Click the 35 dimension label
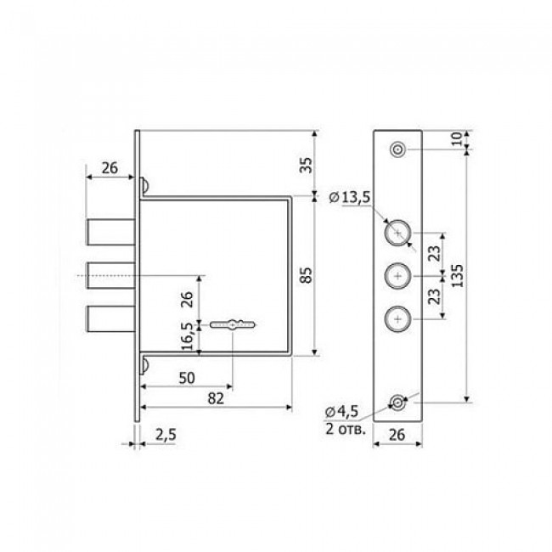pyautogui.click(x=307, y=165)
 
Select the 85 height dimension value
pyautogui.click(x=307, y=275)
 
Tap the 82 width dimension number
pyautogui.click(x=216, y=398)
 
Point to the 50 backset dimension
pyautogui.click(x=187, y=378)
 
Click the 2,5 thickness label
pyautogui.click(x=166, y=435)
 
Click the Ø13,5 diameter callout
pyautogui.click(x=349, y=198)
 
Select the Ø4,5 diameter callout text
pyautogui.click(x=342, y=411)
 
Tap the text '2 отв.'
pyautogui.click(x=346, y=429)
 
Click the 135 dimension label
pyautogui.click(x=457, y=276)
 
